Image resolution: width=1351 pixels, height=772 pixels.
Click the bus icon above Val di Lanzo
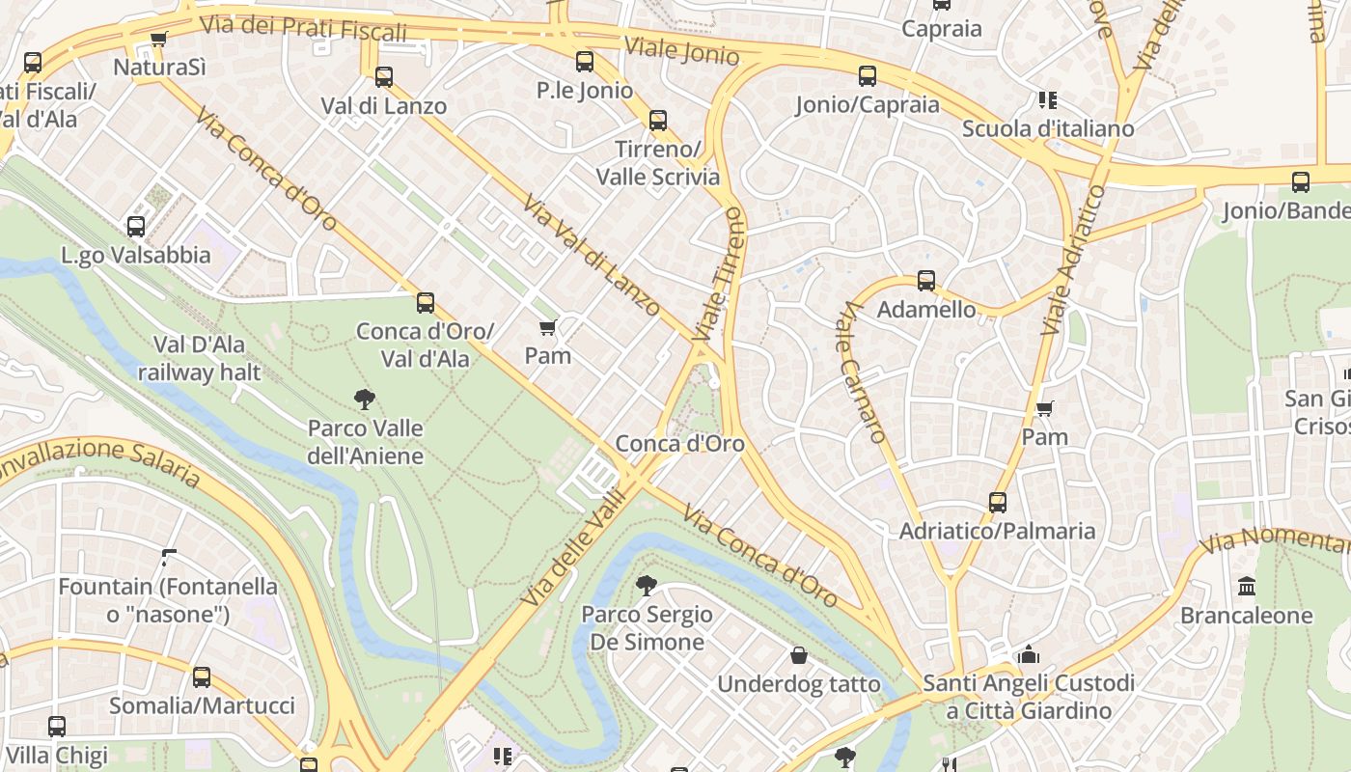coord(384,76)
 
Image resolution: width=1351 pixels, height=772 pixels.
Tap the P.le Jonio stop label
coord(585,91)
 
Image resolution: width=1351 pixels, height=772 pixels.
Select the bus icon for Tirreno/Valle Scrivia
coord(658,121)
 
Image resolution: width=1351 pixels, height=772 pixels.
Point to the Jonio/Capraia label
coord(867,105)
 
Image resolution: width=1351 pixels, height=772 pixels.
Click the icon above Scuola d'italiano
coord(1048,99)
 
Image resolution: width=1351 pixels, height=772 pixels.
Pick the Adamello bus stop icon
coord(926,281)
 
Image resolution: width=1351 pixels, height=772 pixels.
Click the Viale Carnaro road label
coord(861,372)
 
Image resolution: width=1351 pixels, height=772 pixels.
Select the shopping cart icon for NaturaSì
coord(159,40)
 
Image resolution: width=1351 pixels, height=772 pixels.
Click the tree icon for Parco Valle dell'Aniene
coord(365,400)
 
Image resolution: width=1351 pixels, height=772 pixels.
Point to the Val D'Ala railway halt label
coord(199,358)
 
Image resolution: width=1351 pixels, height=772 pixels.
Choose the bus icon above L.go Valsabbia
coord(136,227)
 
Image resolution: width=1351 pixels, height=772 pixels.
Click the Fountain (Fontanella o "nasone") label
coord(168,599)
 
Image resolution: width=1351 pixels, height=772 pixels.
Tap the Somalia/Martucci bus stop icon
coord(202,677)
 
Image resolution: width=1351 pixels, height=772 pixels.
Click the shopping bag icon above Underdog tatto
coord(799,656)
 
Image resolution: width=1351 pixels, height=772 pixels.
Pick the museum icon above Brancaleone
coord(1247,586)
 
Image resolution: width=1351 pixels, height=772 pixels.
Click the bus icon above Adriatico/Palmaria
coord(998,503)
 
